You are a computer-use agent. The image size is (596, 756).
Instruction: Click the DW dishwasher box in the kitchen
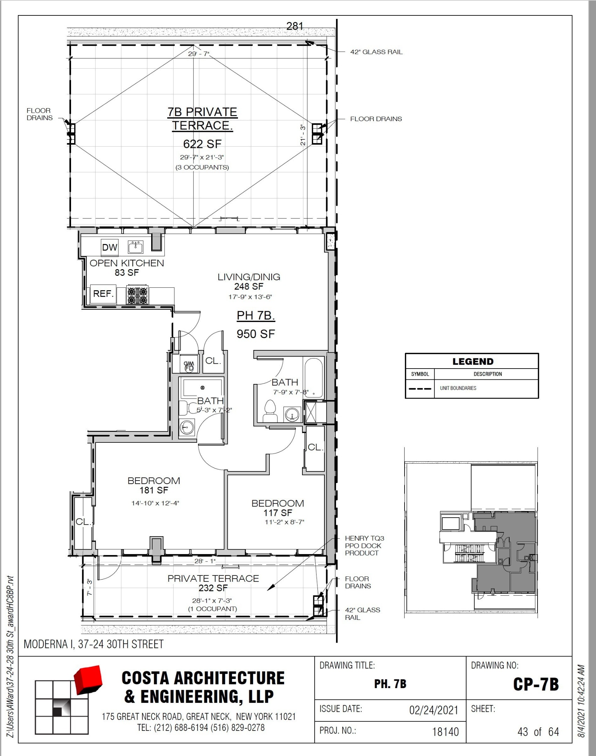point(110,247)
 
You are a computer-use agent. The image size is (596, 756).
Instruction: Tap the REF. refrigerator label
point(103,294)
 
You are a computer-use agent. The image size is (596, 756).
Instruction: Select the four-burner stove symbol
point(137,295)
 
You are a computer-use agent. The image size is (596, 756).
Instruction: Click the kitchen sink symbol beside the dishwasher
point(135,247)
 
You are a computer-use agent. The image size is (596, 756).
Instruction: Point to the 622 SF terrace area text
point(202,144)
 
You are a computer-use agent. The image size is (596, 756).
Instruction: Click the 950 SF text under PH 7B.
point(256,334)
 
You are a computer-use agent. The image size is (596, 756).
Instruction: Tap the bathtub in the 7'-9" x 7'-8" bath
point(314,377)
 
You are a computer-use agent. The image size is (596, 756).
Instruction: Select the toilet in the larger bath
point(270,411)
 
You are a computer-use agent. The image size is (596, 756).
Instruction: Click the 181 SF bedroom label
point(154,490)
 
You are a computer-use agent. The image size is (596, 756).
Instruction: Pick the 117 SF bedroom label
point(278,513)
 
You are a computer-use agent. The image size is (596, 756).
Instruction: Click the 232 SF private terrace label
point(213,588)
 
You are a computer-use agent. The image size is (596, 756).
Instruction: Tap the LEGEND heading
point(473,362)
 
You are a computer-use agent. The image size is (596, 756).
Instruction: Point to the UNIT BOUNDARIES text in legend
point(458,388)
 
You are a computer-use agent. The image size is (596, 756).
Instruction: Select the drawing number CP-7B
point(536,685)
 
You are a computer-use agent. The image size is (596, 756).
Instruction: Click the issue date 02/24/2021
point(434,710)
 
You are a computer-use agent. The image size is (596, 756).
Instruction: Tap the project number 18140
point(445,732)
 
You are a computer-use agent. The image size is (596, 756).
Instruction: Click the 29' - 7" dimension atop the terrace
point(198,54)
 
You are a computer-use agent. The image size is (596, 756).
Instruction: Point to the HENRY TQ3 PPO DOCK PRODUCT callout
point(364,546)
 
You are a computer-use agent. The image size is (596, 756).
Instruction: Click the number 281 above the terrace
point(295,26)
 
